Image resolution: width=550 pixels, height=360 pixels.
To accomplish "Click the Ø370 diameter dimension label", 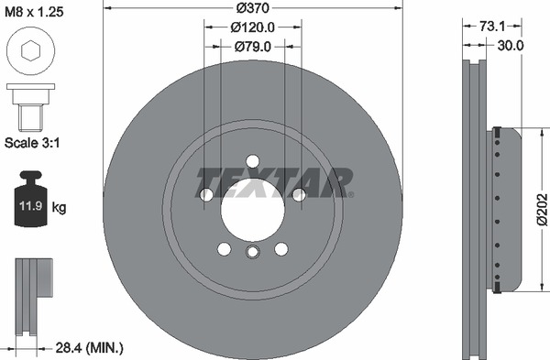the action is click(x=253, y=7).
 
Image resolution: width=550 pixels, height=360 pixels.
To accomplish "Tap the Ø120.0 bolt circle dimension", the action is click(x=253, y=27).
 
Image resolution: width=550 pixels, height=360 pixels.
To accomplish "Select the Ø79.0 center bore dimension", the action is click(x=253, y=47).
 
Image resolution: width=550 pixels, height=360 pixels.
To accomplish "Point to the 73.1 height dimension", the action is click(x=492, y=26).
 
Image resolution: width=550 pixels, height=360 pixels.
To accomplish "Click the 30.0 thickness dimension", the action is click(x=511, y=45).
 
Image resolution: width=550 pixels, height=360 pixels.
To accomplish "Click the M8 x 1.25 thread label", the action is click(x=34, y=12).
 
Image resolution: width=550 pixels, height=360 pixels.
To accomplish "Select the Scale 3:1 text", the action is click(x=32, y=143).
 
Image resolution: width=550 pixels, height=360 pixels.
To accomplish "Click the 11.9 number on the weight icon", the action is click(x=31, y=205).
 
